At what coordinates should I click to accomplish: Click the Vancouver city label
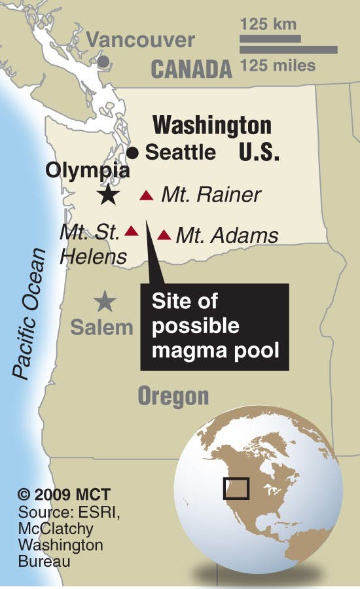(141, 40)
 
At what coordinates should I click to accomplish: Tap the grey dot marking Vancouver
(103, 62)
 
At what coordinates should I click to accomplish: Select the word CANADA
(192, 69)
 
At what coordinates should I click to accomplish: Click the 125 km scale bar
(270, 39)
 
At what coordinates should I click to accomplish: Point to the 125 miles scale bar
(288, 50)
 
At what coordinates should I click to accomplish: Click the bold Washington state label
(211, 126)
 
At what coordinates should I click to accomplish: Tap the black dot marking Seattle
(133, 153)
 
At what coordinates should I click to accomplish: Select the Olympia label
(87, 171)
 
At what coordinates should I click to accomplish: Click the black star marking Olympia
(108, 194)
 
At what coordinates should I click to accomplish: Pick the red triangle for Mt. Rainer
(147, 195)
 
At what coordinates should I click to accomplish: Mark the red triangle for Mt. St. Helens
(132, 230)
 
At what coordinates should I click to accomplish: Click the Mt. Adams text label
(227, 235)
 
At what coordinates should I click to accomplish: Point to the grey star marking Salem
(104, 301)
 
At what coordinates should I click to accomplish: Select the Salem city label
(101, 327)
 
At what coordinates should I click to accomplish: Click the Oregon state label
(173, 396)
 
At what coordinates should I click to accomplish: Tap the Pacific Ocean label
(31, 314)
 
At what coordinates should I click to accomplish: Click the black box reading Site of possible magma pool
(215, 326)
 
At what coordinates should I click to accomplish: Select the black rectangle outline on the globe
(236, 488)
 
